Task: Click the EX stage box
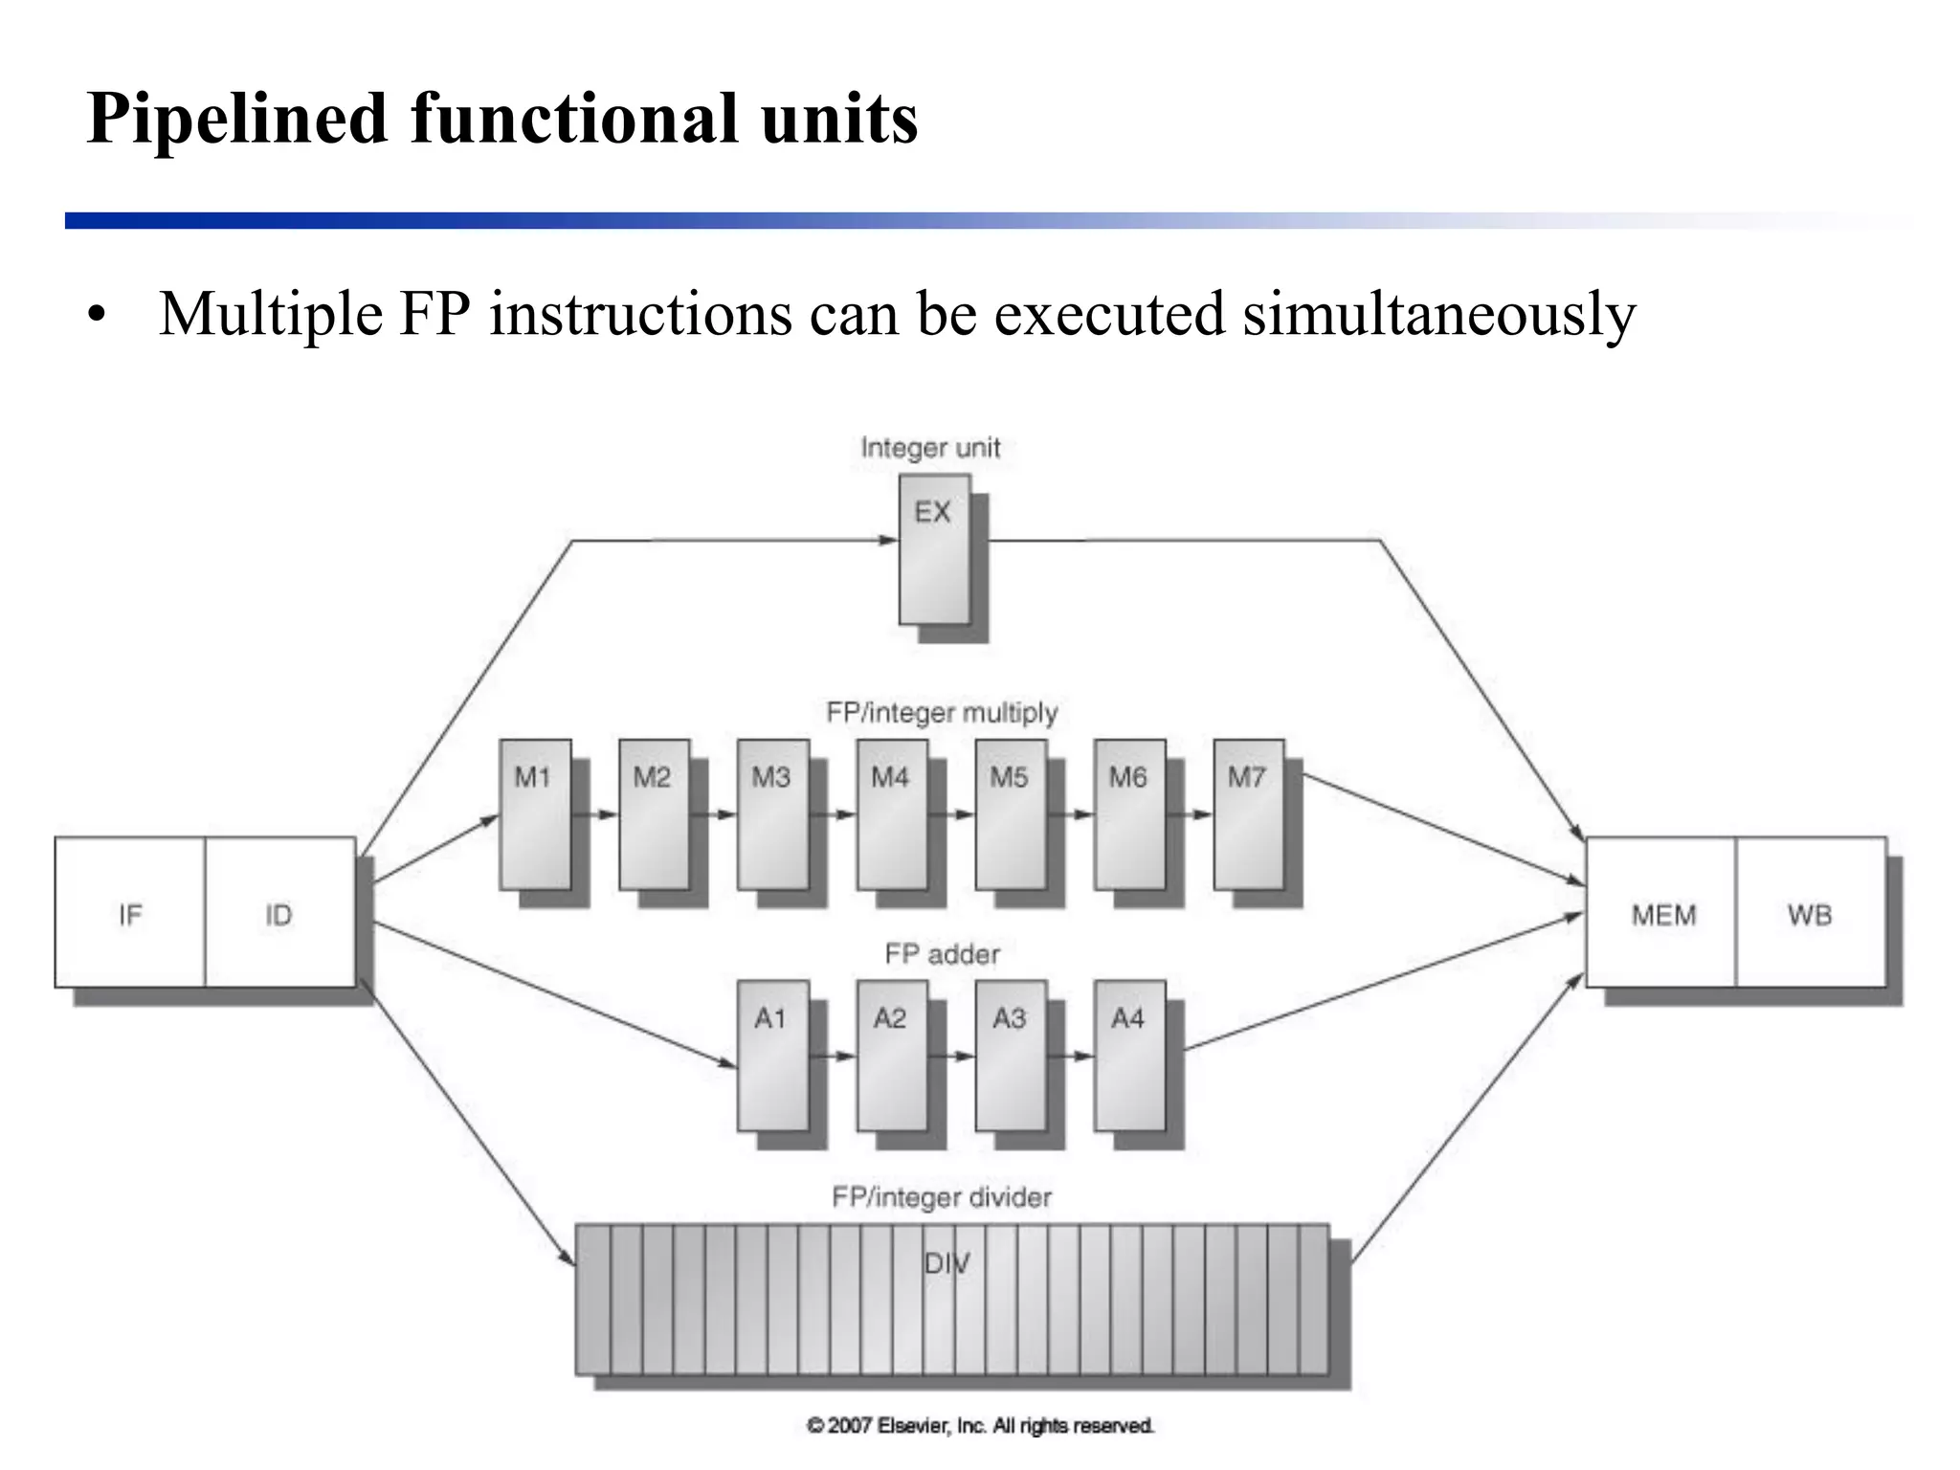click(934, 549)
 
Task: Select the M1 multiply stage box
click(535, 813)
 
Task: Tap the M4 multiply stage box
click(892, 813)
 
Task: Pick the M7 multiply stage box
click(1249, 813)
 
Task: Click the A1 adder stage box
click(772, 1055)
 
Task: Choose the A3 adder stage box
click(1011, 1055)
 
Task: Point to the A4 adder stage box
click(1129, 1055)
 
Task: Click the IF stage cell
click(130, 913)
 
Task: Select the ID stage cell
click(279, 913)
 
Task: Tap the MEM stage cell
click(1662, 913)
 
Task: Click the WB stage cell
click(1810, 913)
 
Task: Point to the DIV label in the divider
click(947, 1263)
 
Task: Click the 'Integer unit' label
click(930, 448)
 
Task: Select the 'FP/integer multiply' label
click(942, 713)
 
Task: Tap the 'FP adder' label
click(942, 954)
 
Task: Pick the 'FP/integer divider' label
click(942, 1197)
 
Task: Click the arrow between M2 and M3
click(714, 814)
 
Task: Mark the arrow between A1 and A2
click(833, 1056)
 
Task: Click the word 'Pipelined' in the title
click(236, 119)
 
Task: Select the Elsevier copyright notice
click(981, 1426)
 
